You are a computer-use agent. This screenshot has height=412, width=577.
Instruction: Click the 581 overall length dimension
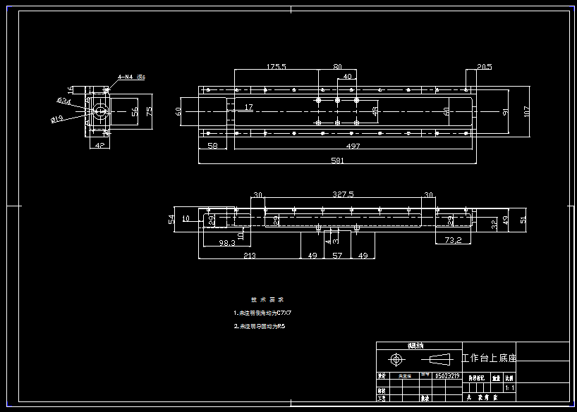click(338, 161)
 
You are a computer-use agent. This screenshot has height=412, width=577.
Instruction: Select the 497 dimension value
click(353, 146)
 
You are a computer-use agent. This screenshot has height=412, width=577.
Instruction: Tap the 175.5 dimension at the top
click(276, 66)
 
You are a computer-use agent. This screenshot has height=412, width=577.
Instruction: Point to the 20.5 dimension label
click(484, 67)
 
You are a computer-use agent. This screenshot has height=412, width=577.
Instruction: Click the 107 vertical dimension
click(526, 111)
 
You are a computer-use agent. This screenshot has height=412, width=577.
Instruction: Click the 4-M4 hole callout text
click(130, 77)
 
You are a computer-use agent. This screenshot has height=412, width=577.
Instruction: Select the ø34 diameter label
click(63, 101)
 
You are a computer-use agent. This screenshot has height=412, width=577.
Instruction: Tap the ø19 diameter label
click(57, 119)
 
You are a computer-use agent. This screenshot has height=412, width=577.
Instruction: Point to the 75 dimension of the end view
click(149, 111)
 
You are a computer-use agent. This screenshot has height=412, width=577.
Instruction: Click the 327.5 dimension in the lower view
click(343, 194)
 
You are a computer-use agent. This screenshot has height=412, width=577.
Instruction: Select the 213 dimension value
click(249, 256)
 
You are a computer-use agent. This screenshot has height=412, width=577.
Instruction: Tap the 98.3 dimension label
click(226, 243)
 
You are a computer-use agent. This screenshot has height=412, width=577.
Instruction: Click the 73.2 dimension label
click(453, 240)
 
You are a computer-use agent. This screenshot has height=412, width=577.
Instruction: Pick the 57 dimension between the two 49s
click(337, 256)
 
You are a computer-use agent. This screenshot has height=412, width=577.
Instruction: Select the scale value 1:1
click(509, 387)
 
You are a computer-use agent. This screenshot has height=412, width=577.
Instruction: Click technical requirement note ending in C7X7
click(262, 312)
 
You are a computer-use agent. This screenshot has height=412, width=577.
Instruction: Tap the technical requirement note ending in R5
click(260, 327)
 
